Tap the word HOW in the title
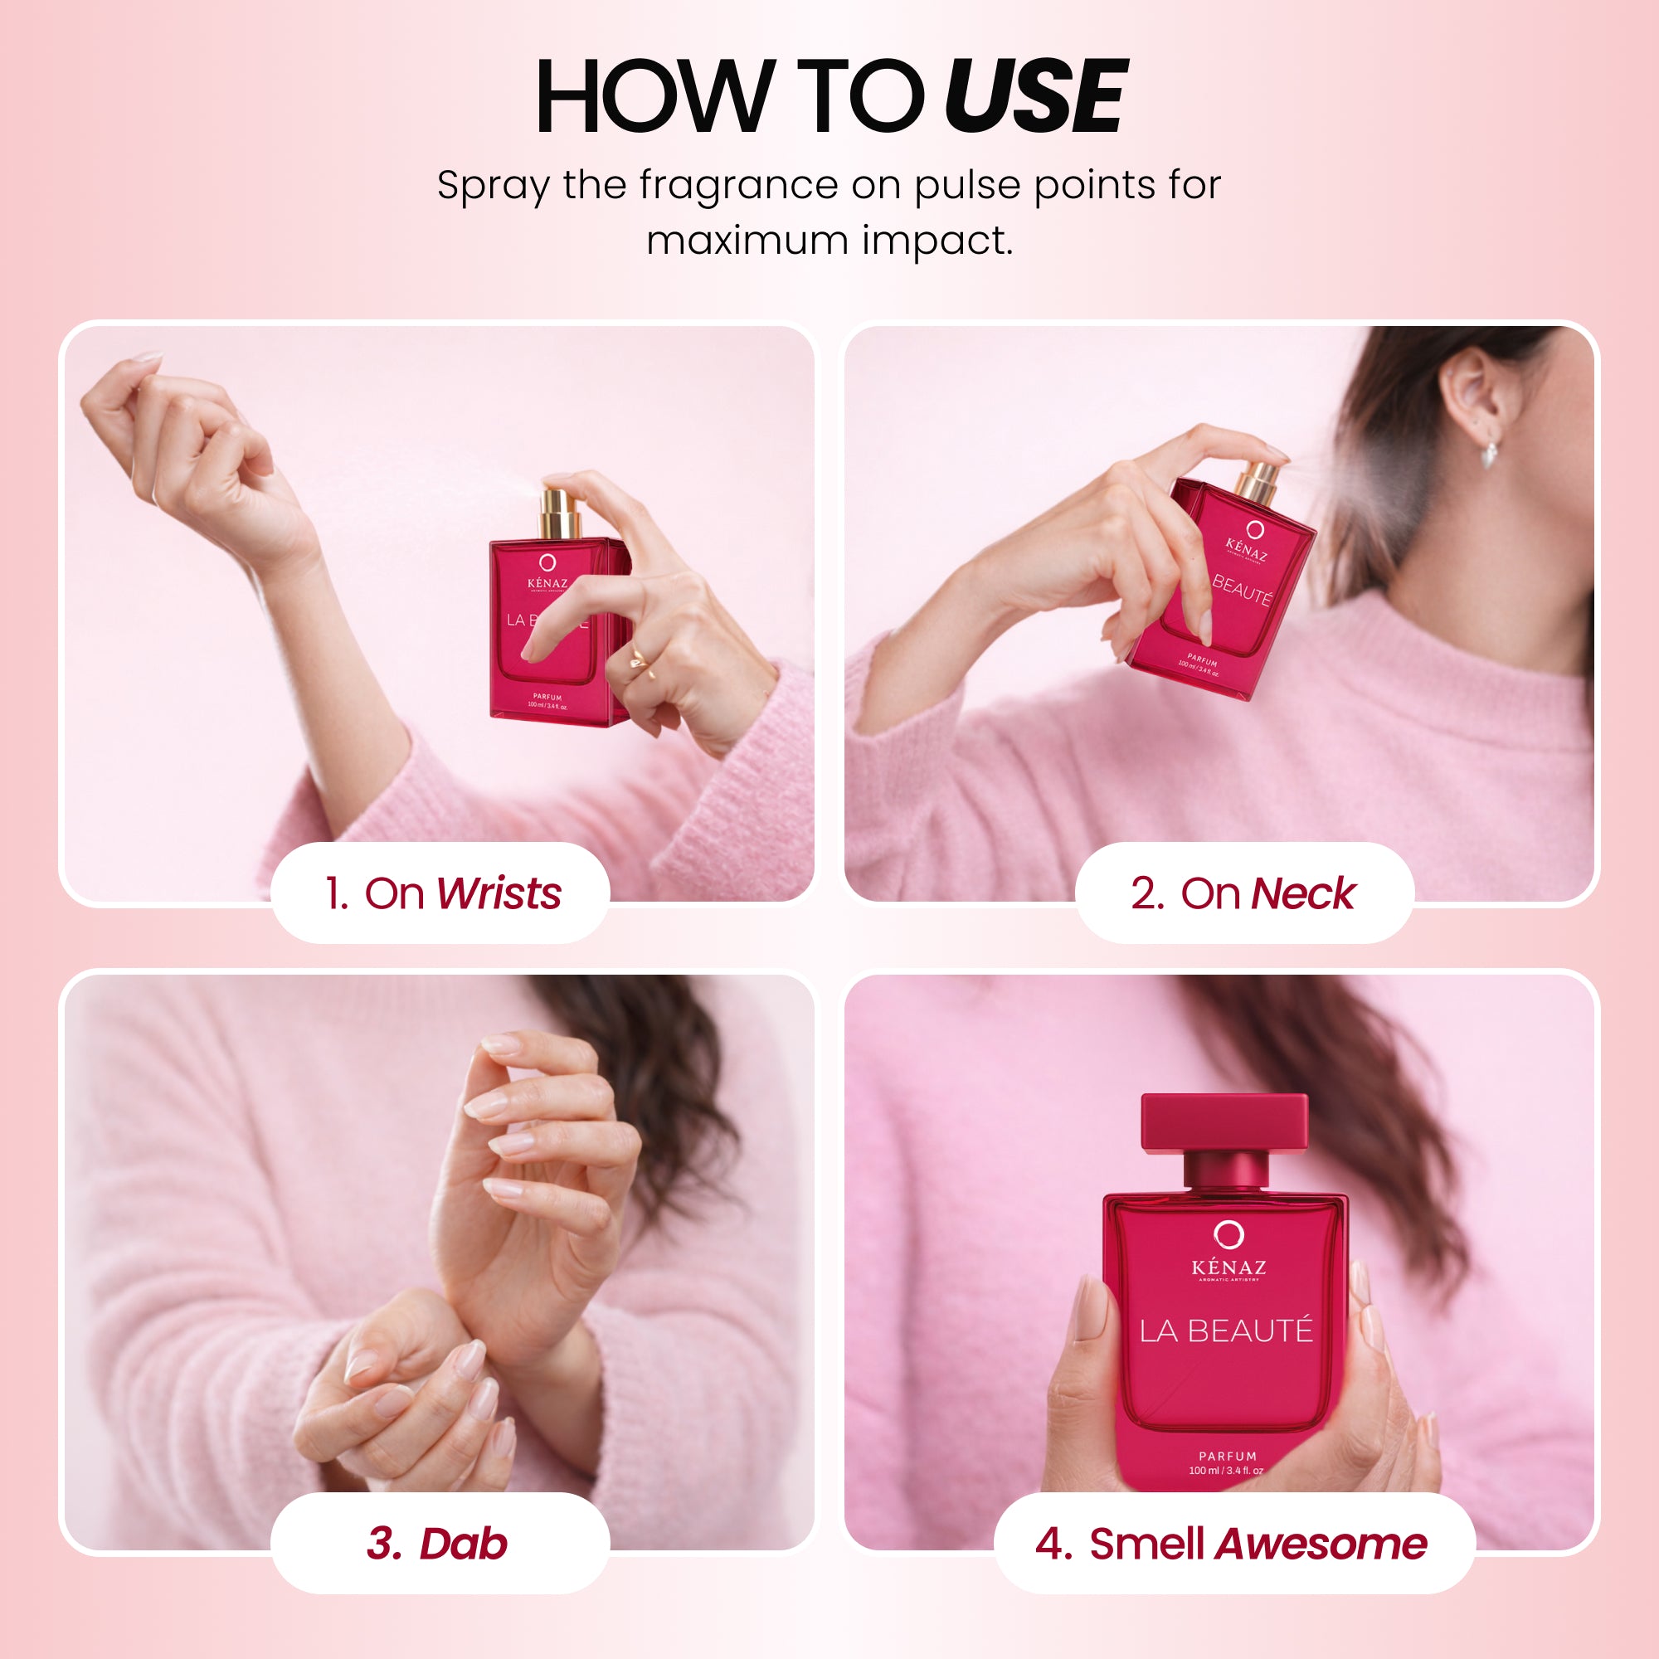[653, 96]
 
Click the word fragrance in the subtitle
[738, 186]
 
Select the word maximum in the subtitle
[747, 241]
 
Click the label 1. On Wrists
[441, 893]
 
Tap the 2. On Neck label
[1243, 893]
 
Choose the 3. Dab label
[438, 1543]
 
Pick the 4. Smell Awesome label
[1233, 1543]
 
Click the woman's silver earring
[1490, 452]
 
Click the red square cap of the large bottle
[1224, 1121]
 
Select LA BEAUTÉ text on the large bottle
[1226, 1331]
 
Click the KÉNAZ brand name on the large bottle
[1228, 1267]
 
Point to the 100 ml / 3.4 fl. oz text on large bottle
[1226, 1471]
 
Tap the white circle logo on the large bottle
[1228, 1235]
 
